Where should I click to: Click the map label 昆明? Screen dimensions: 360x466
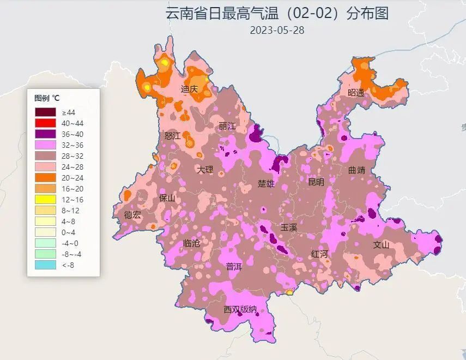tap(316, 182)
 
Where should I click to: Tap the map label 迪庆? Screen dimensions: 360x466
tap(189, 89)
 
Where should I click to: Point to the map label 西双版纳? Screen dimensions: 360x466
tap(240, 309)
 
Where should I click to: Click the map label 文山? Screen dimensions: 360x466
tap(382, 244)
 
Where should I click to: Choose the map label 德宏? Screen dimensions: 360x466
tap(132, 215)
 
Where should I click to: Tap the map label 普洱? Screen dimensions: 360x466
tap(233, 267)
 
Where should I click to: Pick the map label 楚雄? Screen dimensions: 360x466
tap(266, 183)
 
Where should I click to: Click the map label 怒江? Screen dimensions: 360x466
tap(172, 135)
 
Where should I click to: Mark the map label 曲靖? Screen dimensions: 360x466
tap(357, 170)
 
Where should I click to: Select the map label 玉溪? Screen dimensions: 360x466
tap(289, 227)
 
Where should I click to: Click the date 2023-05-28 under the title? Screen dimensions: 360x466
tap(277, 31)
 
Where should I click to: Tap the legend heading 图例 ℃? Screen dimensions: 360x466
tap(47, 98)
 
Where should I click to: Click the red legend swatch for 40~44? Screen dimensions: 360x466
tap(45, 123)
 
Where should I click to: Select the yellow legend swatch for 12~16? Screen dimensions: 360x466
tap(45, 200)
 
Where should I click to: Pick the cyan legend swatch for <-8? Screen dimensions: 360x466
tap(45, 265)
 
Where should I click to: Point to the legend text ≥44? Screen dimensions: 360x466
tap(69, 112)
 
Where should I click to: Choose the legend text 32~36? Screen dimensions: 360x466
tap(72, 145)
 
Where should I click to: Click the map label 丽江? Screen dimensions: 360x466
tap(227, 126)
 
